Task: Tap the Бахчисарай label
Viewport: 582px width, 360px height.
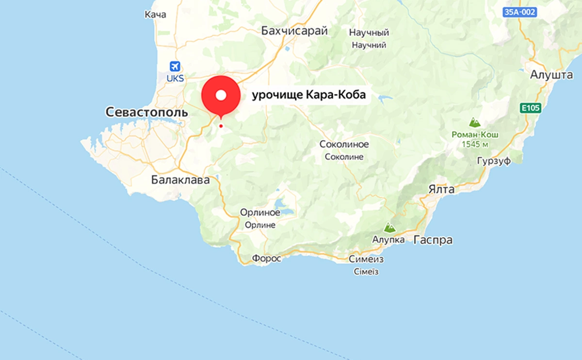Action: tap(294, 31)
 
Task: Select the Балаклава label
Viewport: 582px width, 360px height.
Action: tap(180, 180)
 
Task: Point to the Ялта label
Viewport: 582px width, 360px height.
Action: tap(442, 189)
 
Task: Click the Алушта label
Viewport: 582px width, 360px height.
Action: tap(552, 75)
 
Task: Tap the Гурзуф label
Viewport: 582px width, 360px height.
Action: tap(494, 161)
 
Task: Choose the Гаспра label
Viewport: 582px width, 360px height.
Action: tap(433, 240)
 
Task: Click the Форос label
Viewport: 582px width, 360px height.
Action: tap(266, 259)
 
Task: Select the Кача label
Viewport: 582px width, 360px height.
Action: tap(155, 15)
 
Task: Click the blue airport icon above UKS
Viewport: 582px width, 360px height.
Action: tap(175, 66)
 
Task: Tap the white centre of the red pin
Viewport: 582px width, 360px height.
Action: tap(221, 95)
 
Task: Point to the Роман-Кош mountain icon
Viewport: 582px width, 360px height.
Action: tap(474, 122)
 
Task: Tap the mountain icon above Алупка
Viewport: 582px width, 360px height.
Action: tap(388, 227)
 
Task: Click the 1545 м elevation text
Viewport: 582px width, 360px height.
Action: tap(474, 144)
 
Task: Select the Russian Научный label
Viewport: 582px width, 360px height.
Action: tap(370, 33)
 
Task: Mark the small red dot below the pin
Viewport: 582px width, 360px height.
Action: tap(221, 126)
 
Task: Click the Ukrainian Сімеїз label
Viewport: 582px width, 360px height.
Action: tap(366, 272)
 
